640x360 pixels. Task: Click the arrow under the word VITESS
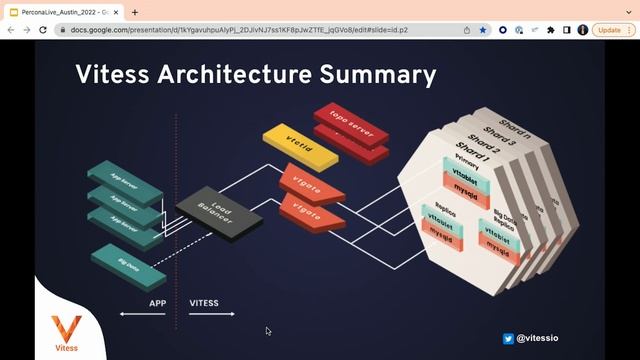[212, 315]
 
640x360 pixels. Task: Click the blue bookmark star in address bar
[483, 30]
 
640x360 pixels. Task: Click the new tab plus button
[135, 12]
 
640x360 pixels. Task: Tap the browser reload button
[43, 30]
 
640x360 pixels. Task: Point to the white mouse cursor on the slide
[268, 330]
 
